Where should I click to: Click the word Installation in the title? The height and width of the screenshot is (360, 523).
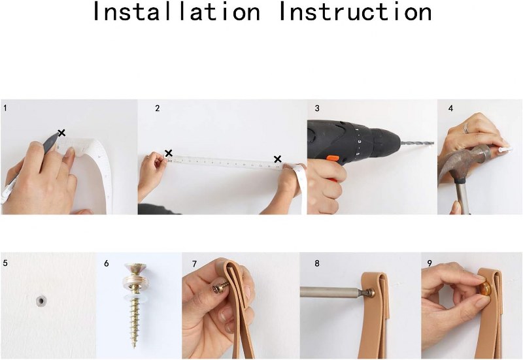pyautogui.click(x=176, y=11)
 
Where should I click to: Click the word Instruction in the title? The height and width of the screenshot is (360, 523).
pyautogui.click(x=355, y=11)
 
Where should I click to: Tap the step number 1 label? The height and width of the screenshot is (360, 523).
pyautogui.click(x=5, y=108)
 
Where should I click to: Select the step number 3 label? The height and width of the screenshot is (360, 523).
pyautogui.click(x=317, y=108)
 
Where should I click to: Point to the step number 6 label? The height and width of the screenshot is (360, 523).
pyautogui.click(x=106, y=263)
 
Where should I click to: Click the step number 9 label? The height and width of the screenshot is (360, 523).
pyautogui.click(x=430, y=263)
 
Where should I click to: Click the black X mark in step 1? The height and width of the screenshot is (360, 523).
pyautogui.click(x=61, y=133)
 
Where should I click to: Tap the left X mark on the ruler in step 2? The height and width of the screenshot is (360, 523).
pyautogui.click(x=169, y=154)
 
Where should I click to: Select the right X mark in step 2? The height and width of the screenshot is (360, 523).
pyautogui.click(x=277, y=159)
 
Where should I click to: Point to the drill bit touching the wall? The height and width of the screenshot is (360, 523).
pyautogui.click(x=418, y=143)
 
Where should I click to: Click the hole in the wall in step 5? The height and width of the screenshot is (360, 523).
pyautogui.click(x=41, y=301)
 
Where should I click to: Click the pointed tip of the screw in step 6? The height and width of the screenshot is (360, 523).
pyautogui.click(x=134, y=346)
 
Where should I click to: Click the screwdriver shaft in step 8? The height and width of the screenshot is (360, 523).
pyautogui.click(x=330, y=292)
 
